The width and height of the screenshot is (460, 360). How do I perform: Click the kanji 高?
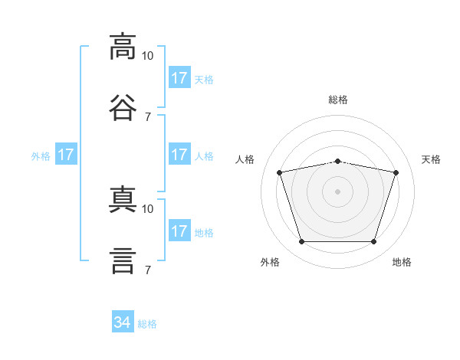[123, 46]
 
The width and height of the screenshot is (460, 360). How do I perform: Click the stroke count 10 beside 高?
[148, 56]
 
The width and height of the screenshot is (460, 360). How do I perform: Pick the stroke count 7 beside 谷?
[148, 116]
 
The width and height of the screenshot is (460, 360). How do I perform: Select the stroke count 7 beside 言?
[148, 270]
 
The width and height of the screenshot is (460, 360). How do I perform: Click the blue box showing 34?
[123, 322]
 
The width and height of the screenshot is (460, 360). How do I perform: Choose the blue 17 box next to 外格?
[66, 155]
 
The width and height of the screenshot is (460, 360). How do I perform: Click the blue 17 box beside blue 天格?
[179, 78]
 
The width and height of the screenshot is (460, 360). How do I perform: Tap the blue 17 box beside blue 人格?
[179, 155]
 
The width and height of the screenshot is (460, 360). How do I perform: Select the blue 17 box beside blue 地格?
[179, 231]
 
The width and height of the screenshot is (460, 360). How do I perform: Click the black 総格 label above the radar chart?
[338, 100]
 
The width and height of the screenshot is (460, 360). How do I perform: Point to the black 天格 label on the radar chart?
[432, 159]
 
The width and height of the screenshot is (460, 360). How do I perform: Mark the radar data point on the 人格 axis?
[280, 172]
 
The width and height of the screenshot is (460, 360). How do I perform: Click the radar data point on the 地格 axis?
[373, 242]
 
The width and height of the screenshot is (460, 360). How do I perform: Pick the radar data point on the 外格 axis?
[301, 242]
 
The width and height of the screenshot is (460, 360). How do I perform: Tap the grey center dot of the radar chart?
[337, 191]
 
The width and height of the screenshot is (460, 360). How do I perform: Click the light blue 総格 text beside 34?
[147, 324]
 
